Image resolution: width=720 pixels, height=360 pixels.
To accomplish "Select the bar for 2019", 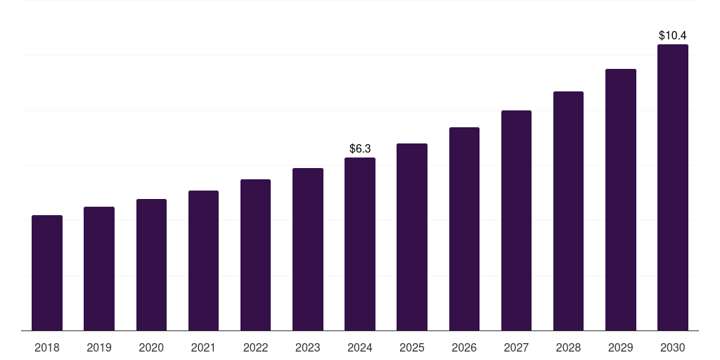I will point(99,269).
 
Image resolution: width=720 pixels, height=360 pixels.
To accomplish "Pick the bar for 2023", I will point(308,249).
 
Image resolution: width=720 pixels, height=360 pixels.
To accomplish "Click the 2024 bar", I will point(360,244).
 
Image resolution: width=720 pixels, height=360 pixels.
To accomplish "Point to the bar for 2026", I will point(464,229).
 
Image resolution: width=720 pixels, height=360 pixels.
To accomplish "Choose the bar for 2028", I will point(568,211).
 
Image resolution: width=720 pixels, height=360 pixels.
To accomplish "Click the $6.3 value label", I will point(360,148).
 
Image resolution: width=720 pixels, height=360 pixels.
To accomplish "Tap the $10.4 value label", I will point(673,35).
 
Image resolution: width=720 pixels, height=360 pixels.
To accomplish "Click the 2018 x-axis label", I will point(47,347).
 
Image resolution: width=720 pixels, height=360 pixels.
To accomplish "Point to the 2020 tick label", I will point(151,347).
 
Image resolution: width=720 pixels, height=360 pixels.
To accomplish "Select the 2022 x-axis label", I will point(255,347).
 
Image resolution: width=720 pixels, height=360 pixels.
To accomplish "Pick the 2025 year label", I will point(412,347).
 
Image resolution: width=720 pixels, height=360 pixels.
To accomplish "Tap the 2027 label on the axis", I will point(516,347).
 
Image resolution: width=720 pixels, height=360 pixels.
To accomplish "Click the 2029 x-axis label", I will point(620,347).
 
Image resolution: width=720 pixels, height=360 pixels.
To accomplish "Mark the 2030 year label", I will point(673,347).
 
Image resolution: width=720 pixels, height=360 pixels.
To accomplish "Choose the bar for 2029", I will point(620,200).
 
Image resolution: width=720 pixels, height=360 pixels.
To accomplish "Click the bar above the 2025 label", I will point(412,237).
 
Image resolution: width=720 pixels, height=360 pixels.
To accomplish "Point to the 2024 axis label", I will point(360,347).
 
